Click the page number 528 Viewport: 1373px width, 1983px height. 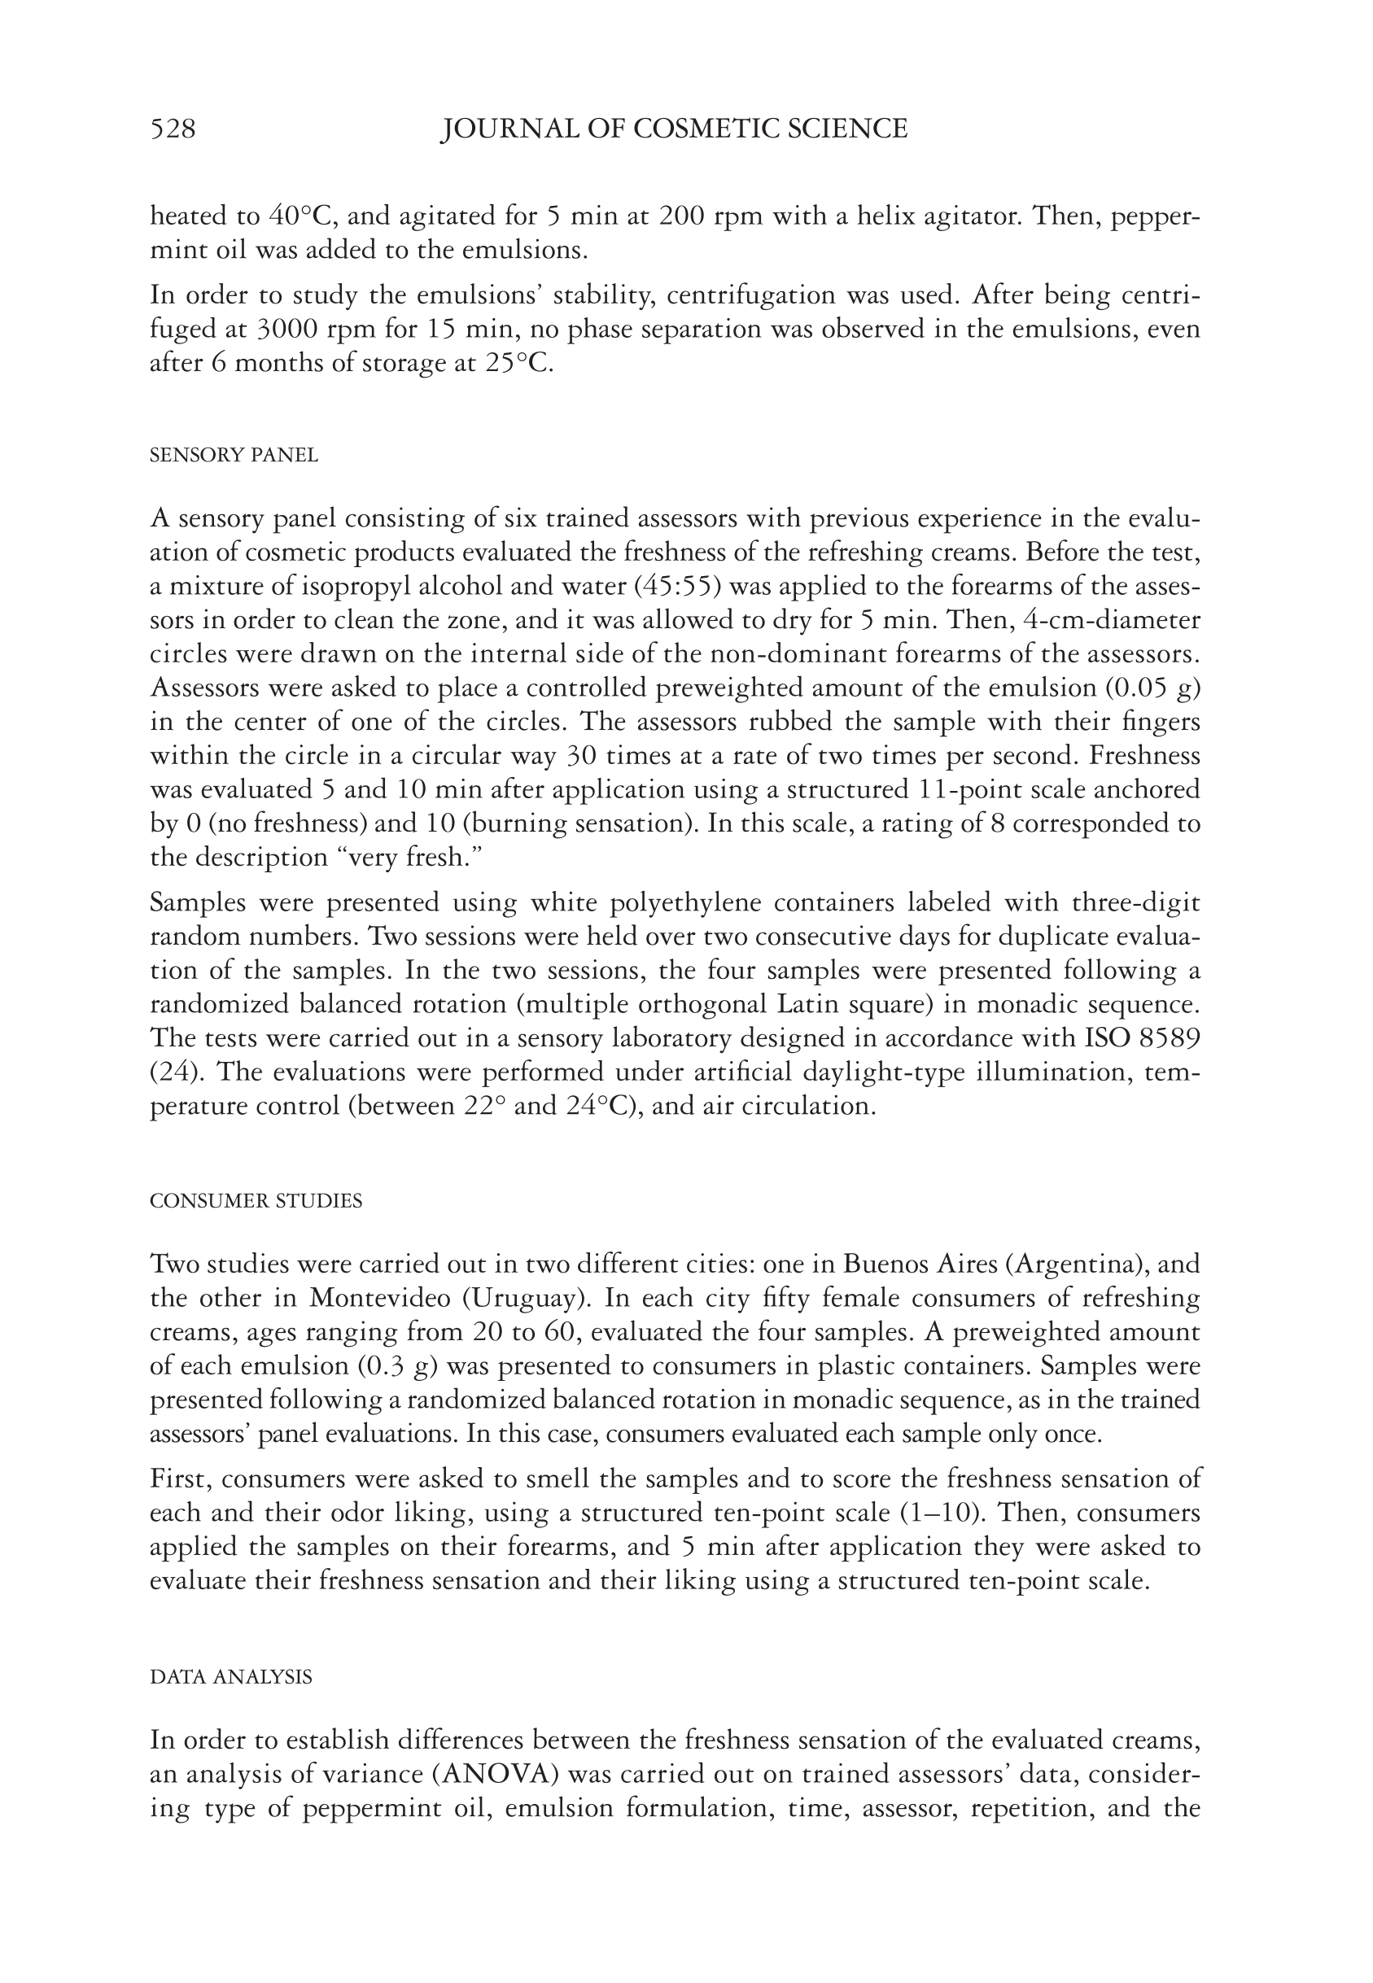[x=173, y=129]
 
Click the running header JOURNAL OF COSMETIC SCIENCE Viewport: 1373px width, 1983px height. [x=674, y=129]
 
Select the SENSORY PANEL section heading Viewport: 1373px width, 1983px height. [x=234, y=456]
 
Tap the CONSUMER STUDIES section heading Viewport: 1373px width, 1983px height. [x=256, y=1201]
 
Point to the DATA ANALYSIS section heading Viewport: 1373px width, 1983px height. [x=230, y=1678]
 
